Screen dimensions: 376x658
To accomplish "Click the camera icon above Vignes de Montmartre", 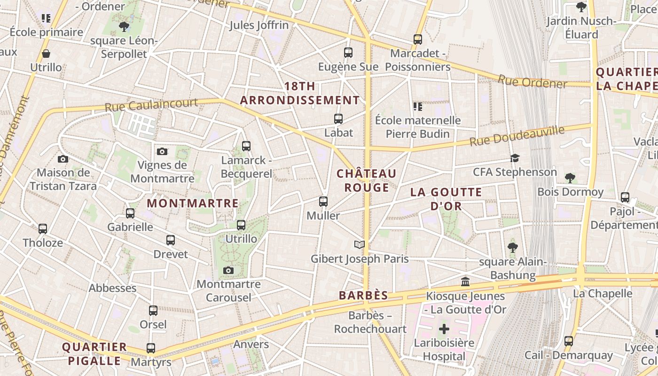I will point(162,151).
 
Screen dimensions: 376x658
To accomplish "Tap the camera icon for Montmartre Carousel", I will point(228,270).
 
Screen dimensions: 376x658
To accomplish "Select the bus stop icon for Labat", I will point(338,119).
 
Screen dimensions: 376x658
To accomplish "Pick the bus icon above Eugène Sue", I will point(348,53).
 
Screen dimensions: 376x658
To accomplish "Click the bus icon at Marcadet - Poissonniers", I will point(418,39).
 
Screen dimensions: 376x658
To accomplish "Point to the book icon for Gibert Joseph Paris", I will point(360,244).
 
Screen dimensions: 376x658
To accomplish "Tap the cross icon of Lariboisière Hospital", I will point(444,329).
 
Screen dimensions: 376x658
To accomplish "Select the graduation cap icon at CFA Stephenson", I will point(515,158).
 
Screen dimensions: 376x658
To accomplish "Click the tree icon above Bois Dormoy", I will point(570,178).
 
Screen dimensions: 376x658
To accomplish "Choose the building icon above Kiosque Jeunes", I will point(465,282).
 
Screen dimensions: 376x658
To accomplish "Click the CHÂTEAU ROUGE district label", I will point(367,180).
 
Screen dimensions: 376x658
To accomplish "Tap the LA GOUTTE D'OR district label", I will point(446,199).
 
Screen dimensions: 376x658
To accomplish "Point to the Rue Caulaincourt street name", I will point(151,104).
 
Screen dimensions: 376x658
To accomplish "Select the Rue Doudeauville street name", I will point(517,136).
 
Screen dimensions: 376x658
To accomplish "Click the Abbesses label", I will point(113,288).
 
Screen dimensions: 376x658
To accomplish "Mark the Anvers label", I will point(251,344).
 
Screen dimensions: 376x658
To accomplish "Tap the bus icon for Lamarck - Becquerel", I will point(246,146).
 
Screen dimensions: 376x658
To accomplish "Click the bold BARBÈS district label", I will point(364,296).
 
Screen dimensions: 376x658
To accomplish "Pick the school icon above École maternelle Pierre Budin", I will point(417,107).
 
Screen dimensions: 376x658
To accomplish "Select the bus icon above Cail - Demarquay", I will point(569,341).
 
